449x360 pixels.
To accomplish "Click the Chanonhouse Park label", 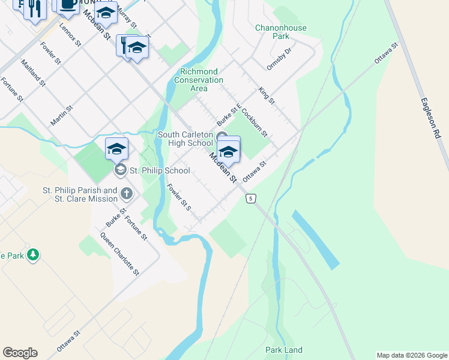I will coord(280,32).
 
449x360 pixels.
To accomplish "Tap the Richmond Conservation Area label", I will coord(198,80).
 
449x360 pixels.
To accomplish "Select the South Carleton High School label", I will coord(185,139).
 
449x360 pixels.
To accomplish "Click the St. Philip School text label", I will coord(160,170).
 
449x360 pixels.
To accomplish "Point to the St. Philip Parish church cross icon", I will coord(126,193).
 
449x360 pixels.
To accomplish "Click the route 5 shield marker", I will coord(251,198).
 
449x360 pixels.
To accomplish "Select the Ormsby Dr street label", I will coord(279,59).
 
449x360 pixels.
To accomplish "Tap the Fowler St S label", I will coord(179,197).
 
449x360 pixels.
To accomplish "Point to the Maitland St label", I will coord(32,73).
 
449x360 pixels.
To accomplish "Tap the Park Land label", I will coord(284,350).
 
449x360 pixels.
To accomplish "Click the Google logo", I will coord(20,353).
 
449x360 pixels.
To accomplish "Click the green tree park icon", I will coord(33,255).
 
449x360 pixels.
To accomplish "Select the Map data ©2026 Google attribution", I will coord(412,355).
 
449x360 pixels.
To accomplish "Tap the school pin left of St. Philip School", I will coord(116,149).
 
